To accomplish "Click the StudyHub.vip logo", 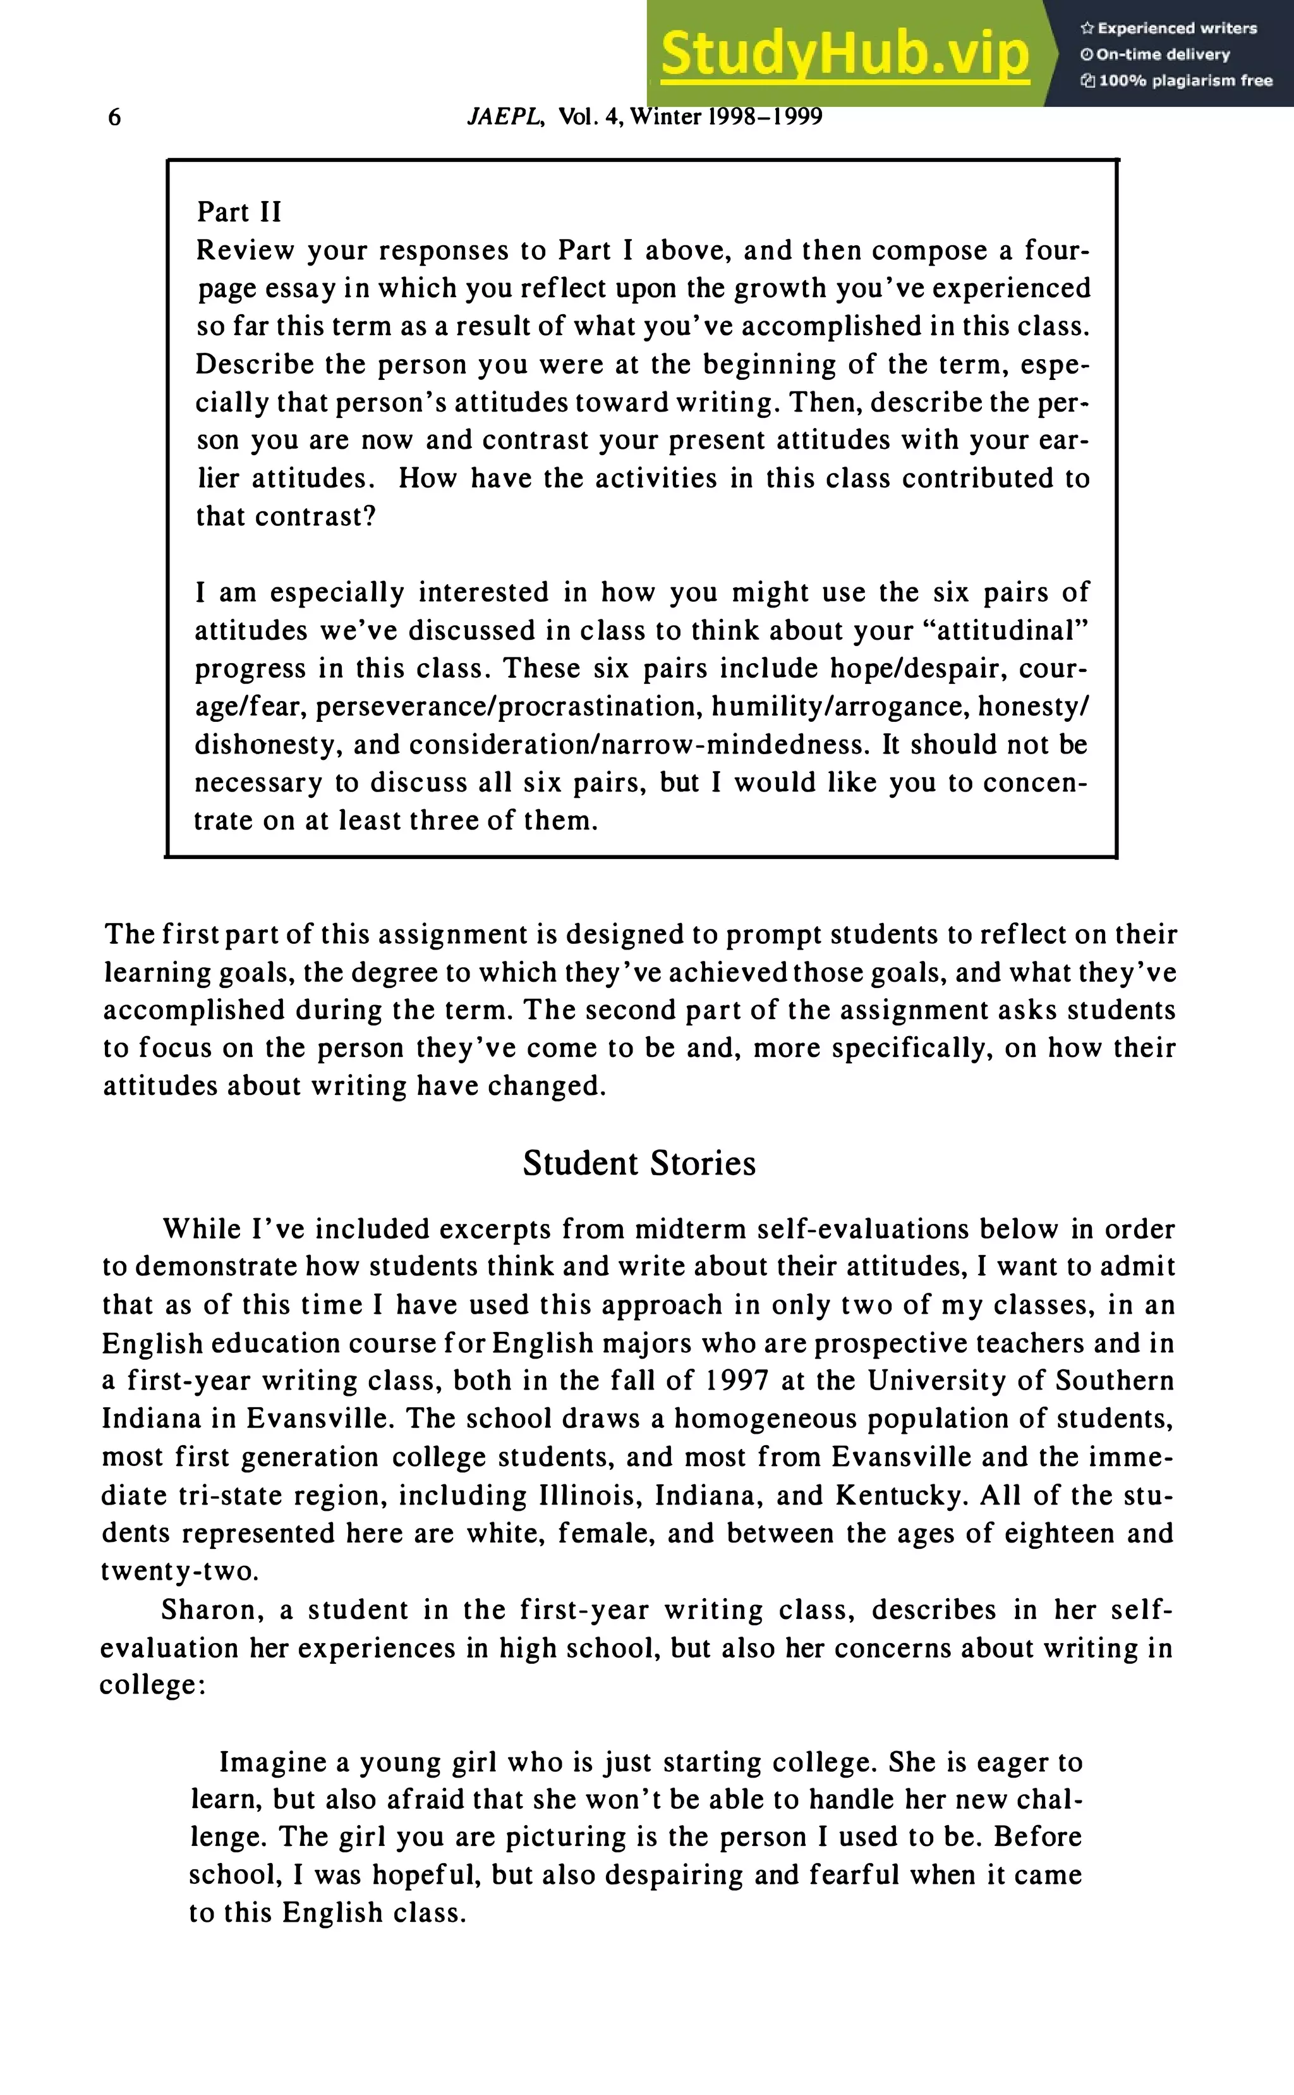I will pos(845,53).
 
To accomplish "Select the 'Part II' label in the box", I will pos(239,212).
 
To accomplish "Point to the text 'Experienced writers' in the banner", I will pos(1176,28).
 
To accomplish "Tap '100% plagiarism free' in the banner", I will pos(1185,80).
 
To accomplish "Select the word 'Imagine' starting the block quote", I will pos(273,1762).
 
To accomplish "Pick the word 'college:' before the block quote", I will pos(152,1685).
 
